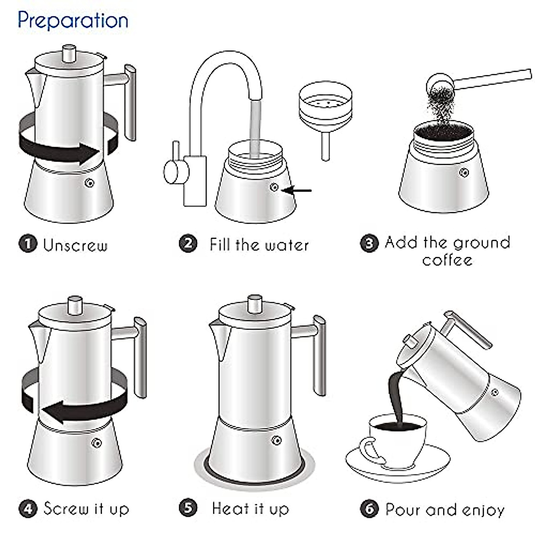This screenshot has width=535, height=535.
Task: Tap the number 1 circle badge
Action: click(x=28, y=244)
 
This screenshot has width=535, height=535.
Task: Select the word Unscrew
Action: click(x=75, y=245)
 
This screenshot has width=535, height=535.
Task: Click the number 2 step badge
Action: click(x=188, y=243)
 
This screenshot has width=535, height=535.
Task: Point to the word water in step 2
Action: click(x=286, y=245)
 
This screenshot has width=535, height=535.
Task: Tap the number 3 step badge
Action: click(x=369, y=243)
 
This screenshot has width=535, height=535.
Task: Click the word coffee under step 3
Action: click(x=447, y=260)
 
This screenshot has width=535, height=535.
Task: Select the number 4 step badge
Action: click(x=28, y=509)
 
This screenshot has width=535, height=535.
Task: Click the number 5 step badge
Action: click(x=188, y=508)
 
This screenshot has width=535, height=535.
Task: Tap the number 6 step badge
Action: click(x=369, y=509)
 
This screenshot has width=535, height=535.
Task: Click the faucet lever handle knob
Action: click(x=171, y=172)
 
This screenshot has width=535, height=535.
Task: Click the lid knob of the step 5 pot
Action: click(x=255, y=303)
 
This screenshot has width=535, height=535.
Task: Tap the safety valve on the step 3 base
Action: click(x=465, y=173)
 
